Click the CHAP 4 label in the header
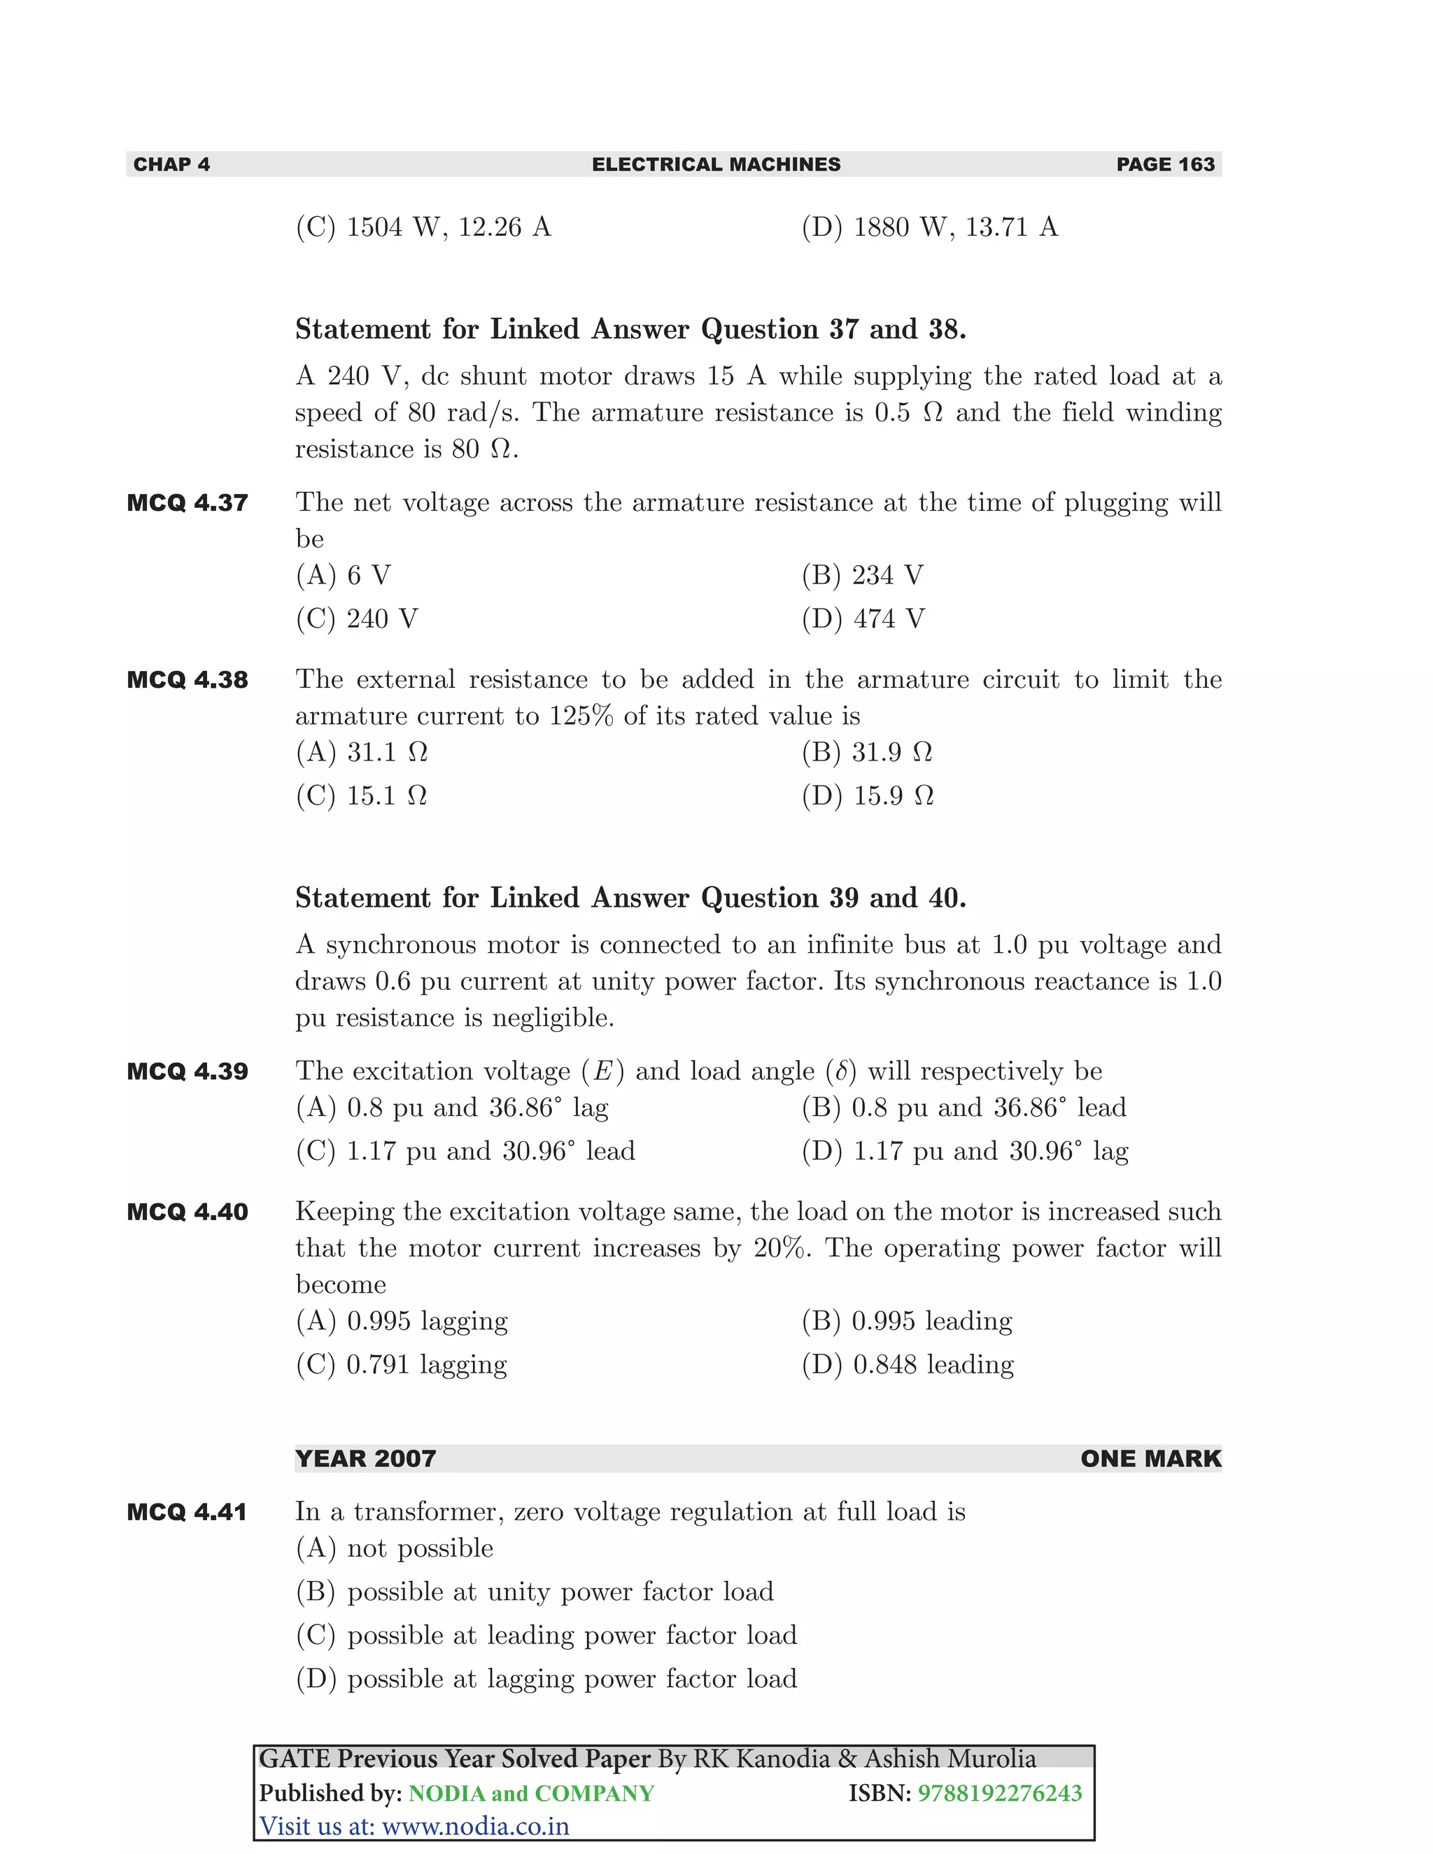pyautogui.click(x=171, y=164)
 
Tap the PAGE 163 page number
pyautogui.click(x=1165, y=164)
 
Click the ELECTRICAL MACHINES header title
pyautogui.click(x=716, y=164)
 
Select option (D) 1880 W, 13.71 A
pyautogui.click(x=930, y=227)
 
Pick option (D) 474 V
pyautogui.click(x=863, y=619)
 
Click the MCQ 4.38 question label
pyautogui.click(x=188, y=680)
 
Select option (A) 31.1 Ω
pyautogui.click(x=362, y=752)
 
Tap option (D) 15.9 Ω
pyautogui.click(x=868, y=796)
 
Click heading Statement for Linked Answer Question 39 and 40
pyautogui.click(x=630, y=898)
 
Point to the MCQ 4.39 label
pyautogui.click(x=188, y=1071)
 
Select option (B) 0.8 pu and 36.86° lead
pyautogui.click(x=963, y=1108)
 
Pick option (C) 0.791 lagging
pyautogui.click(x=401, y=1365)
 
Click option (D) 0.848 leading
pyautogui.click(x=908, y=1365)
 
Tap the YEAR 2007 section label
pyautogui.click(x=365, y=1459)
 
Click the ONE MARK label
pyautogui.click(x=1150, y=1459)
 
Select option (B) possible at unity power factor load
pyautogui.click(x=535, y=1592)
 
